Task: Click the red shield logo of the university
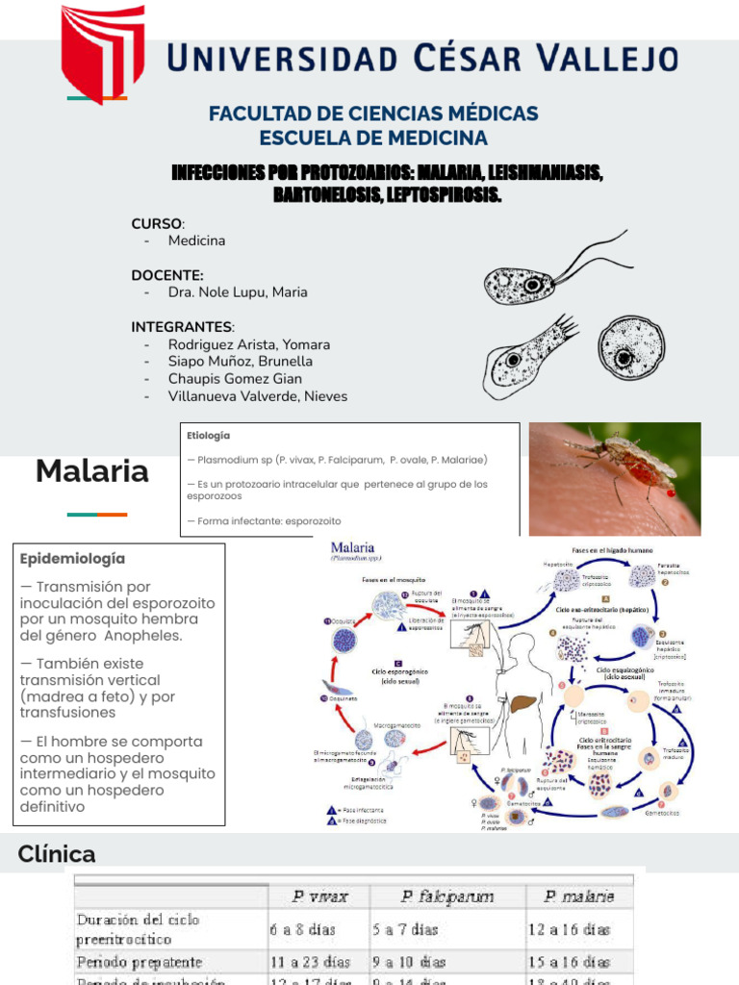tap(103, 51)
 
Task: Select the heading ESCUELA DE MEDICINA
tap(372, 138)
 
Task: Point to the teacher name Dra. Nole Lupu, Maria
tap(238, 292)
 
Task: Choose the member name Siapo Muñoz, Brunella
tap(240, 362)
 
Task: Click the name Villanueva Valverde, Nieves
tap(257, 396)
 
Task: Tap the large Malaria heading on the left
tap(92, 471)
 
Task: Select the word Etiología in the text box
tap(209, 436)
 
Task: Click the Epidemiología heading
tap(72, 559)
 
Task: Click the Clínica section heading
tap(57, 854)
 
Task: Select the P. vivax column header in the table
tap(320, 897)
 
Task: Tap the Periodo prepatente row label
tap(140, 962)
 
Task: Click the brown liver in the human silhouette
tap(521, 705)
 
